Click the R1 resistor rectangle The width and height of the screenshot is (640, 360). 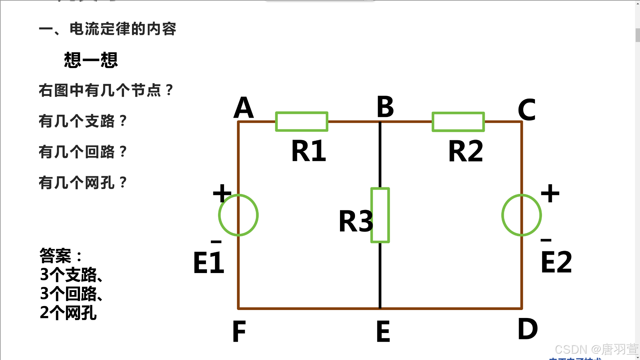point(302,122)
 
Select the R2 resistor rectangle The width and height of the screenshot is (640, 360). point(458,122)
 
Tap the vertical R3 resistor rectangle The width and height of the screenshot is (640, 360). point(380,215)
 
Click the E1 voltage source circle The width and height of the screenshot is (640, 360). point(238,215)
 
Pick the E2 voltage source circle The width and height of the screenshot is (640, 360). point(522,215)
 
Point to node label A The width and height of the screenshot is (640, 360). point(243,108)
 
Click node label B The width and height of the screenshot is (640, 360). point(385,107)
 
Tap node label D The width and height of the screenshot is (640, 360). point(528,329)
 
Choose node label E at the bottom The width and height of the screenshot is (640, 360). point(383,332)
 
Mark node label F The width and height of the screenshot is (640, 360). point(239,332)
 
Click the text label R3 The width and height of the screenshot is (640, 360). point(355,221)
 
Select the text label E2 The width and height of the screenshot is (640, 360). point(556,262)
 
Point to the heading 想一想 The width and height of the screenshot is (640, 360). point(91,60)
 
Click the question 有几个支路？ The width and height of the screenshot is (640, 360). point(83,121)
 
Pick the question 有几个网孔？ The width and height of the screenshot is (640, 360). point(83,183)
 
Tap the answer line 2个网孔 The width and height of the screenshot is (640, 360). point(68,313)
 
